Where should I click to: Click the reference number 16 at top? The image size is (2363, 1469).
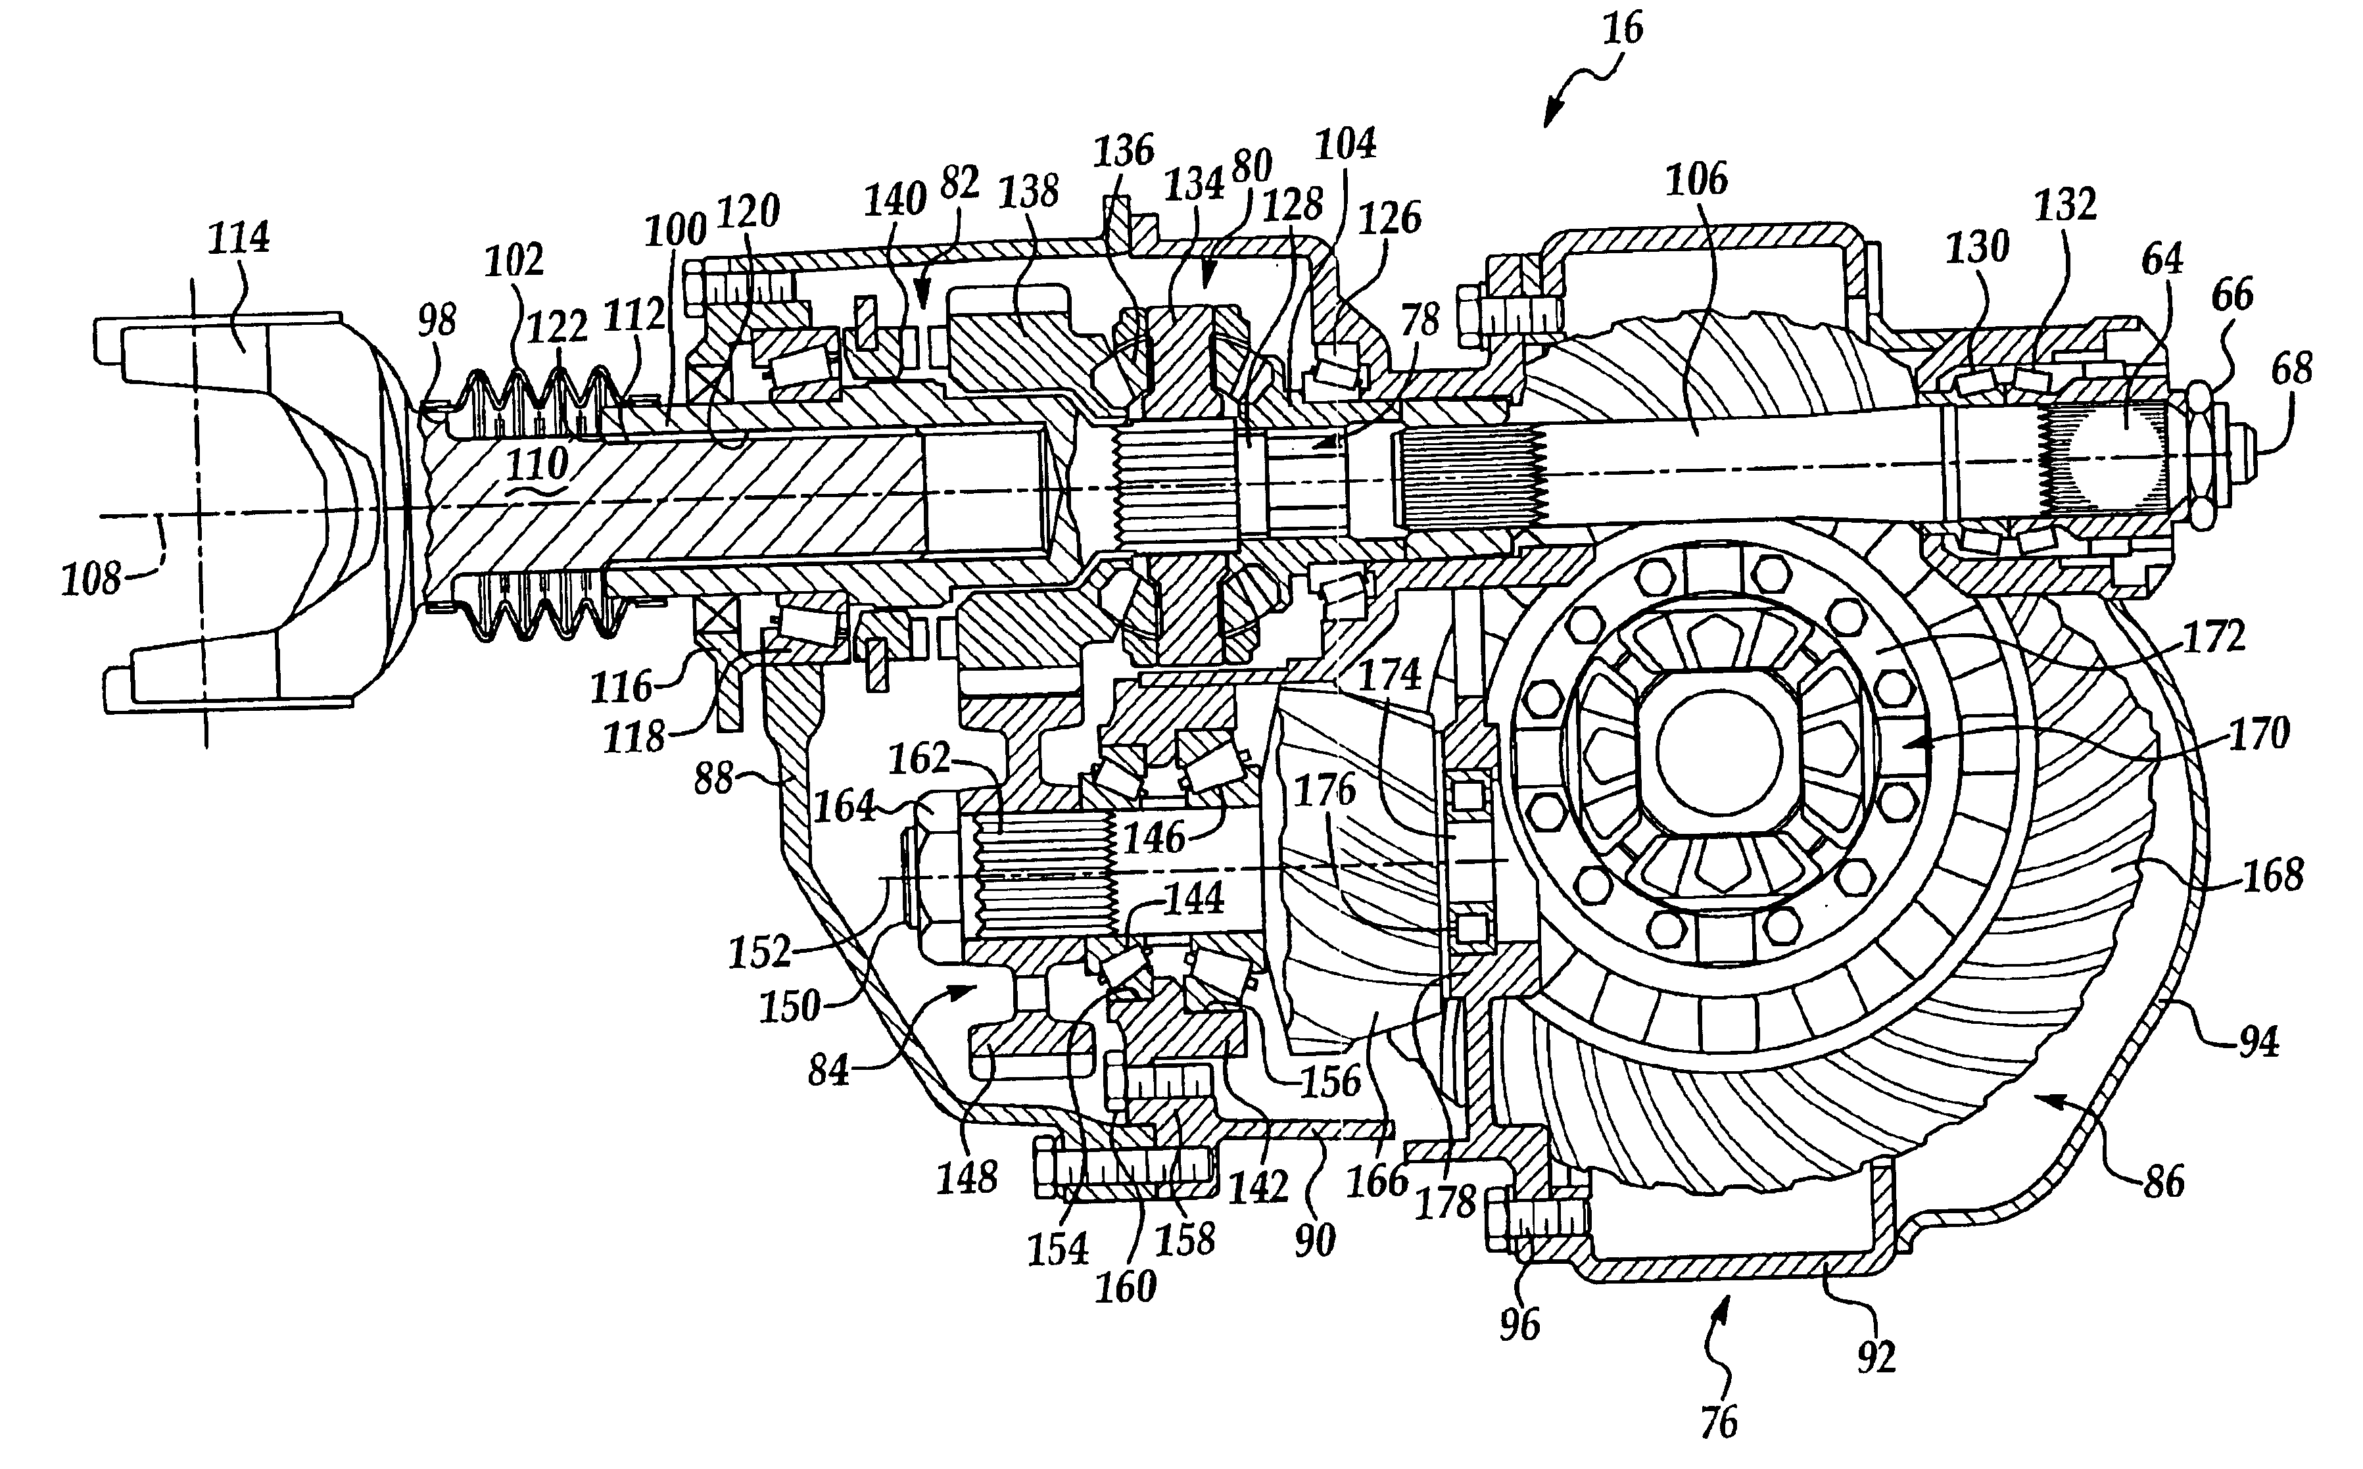(x=1622, y=29)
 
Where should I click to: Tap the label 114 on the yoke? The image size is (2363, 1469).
(x=239, y=238)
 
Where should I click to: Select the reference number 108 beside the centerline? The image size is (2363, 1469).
(x=90, y=580)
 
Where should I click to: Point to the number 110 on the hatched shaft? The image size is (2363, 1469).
(x=537, y=464)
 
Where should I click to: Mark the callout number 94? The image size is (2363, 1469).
(x=2257, y=1042)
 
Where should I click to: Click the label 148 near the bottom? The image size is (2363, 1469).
(x=967, y=1178)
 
